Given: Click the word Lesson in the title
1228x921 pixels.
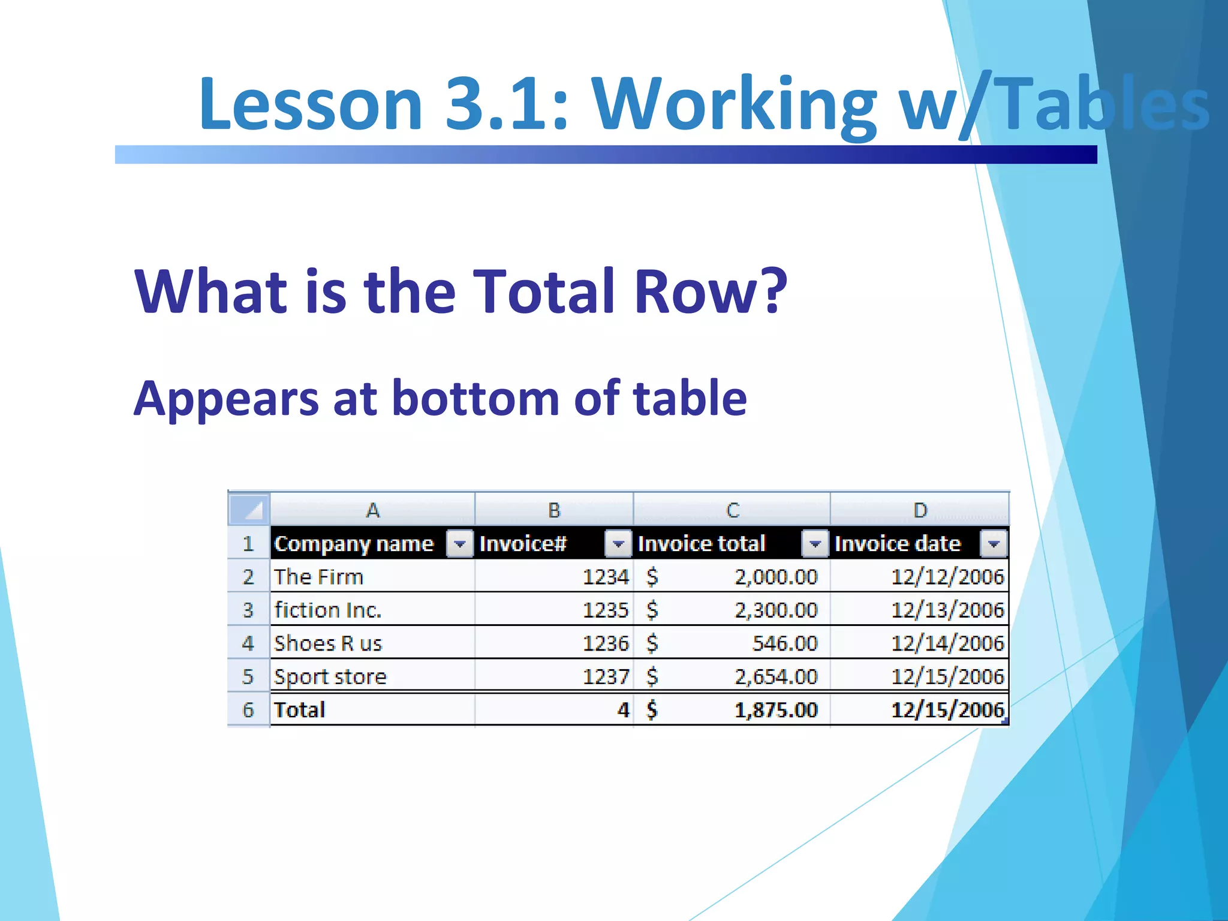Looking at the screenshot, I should [311, 104].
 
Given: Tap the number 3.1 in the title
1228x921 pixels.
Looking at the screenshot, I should [505, 104].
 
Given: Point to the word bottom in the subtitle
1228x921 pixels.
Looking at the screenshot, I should [475, 399].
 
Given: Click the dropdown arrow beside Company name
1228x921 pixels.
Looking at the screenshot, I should [460, 544].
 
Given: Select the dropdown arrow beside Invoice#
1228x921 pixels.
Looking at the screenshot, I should [618, 544].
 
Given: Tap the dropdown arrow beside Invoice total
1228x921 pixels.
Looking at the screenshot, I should [815, 544].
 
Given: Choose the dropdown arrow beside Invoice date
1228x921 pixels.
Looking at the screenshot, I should [994, 544].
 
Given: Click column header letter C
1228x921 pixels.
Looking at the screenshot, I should [732, 510].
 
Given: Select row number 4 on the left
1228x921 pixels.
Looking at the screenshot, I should [248, 643].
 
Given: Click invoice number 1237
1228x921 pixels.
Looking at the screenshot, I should [606, 677].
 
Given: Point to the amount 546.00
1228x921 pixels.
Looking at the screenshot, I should [785, 643].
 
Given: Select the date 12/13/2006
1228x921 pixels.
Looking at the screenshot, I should [947, 610].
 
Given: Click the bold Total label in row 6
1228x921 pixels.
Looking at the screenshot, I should [299, 710].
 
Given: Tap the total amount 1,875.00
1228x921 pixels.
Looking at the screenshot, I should [776, 710].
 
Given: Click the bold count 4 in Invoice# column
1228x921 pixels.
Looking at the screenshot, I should [623, 710].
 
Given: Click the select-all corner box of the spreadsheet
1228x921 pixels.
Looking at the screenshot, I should [249, 509].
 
